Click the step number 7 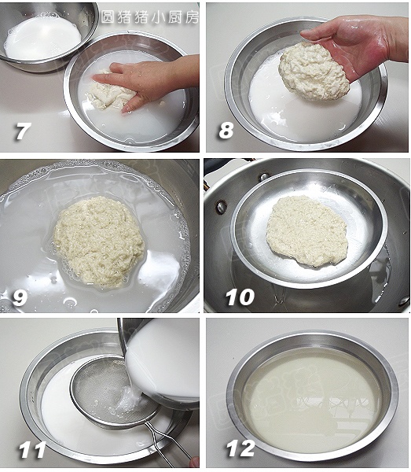[x=22, y=131]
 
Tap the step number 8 [x=226, y=130]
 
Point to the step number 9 [x=20, y=297]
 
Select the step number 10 [x=240, y=297]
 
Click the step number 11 [x=32, y=450]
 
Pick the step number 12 [x=240, y=448]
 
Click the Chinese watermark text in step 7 [x=149, y=17]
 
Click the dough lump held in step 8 [x=314, y=72]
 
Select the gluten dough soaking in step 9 [x=98, y=241]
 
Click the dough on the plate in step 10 [x=307, y=230]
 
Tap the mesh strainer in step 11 [x=114, y=391]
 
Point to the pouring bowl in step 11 [x=160, y=361]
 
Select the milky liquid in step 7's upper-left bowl [x=42, y=38]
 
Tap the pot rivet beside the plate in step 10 [x=222, y=207]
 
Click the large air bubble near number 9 [x=70, y=302]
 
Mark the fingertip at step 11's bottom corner [x=195, y=462]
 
